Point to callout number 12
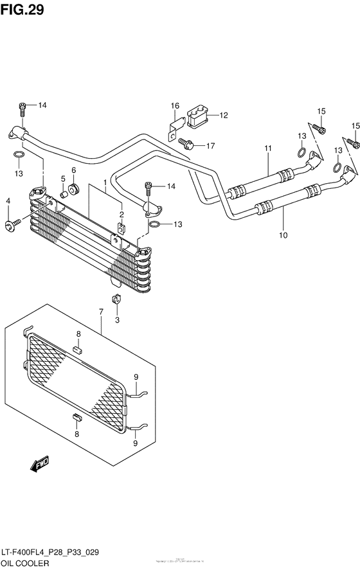224,116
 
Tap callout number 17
210,146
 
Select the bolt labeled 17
187,142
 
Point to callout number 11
268,149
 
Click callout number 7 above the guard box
101,312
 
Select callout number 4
8,202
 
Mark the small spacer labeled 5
64,193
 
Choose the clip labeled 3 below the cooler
117,298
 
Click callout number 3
117,319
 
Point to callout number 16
174,105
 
